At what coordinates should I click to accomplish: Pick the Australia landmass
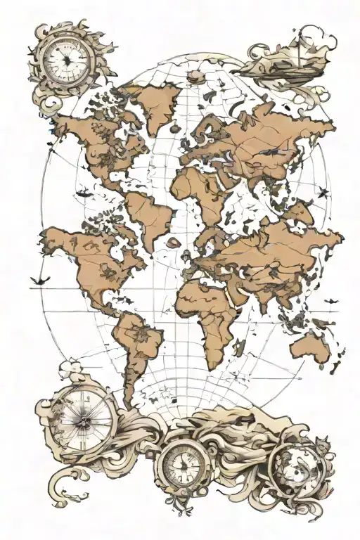coord(311,346)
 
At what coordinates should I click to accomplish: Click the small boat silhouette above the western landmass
coord(82,192)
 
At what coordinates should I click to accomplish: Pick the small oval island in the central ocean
coord(173,243)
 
